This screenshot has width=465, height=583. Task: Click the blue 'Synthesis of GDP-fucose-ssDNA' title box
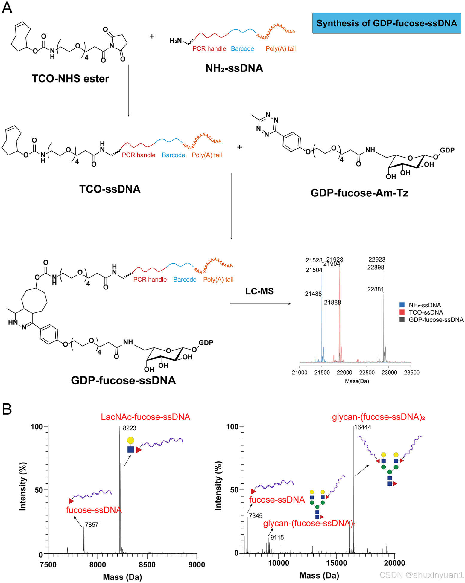pos(386,23)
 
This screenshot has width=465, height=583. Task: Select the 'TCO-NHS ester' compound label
pos(70,79)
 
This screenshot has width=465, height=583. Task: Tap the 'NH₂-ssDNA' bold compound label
pos(234,68)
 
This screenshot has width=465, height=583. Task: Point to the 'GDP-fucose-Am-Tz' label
pos(359,193)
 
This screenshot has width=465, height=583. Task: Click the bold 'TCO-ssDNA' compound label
pos(110,189)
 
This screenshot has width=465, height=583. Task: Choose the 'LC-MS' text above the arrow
pos(259,291)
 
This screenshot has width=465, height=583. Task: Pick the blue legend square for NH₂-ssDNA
pos(402,305)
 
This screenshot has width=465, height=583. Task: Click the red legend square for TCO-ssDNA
pos(402,312)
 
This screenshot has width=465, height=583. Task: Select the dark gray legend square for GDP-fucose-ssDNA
pos(402,320)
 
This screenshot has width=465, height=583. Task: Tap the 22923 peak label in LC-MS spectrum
pos(377,260)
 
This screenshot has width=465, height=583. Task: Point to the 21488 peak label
pos(313,294)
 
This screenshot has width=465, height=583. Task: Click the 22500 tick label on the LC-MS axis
pos(367,373)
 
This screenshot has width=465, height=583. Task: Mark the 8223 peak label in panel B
pos(130,428)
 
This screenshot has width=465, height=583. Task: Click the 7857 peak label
pos(92,525)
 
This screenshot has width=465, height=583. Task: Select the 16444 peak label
pos(363,427)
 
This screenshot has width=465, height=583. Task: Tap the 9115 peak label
pos(277,538)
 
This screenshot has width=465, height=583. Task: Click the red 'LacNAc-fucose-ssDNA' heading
pos(145,417)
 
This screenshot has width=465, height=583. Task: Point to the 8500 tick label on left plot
pos(147,565)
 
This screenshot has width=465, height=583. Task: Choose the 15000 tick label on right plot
pos(336,563)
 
